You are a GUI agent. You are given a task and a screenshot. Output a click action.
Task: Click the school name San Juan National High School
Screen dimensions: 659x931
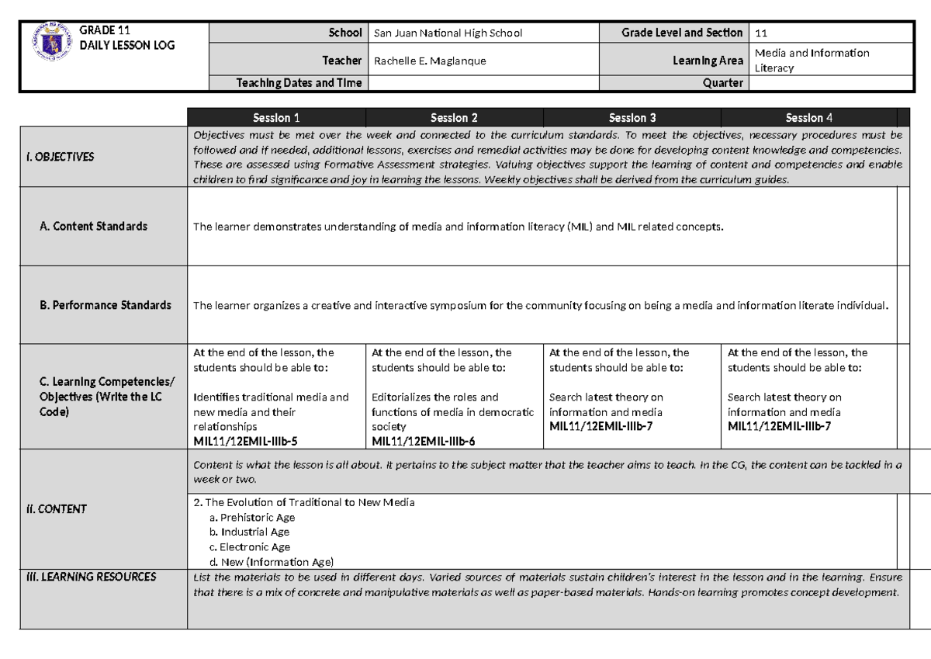[x=448, y=33]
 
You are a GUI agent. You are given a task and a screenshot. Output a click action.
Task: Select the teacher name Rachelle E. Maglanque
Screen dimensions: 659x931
[x=430, y=61]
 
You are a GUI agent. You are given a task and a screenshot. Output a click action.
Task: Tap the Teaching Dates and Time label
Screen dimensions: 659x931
[x=299, y=83]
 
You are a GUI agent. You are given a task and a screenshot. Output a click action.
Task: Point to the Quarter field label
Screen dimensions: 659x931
[x=722, y=83]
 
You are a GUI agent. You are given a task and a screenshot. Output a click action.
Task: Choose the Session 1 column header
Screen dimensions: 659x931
[x=276, y=118]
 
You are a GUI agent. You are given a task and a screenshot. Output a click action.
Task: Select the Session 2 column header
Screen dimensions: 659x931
[x=454, y=118]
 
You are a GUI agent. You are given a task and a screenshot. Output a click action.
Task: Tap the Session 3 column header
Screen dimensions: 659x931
[x=632, y=118]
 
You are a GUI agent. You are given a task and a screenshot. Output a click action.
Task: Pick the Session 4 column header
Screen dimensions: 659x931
[x=809, y=118]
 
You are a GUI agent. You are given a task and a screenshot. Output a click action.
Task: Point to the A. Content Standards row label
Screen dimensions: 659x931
[x=93, y=227]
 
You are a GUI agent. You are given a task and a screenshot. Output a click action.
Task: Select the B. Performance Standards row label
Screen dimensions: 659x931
[x=105, y=305]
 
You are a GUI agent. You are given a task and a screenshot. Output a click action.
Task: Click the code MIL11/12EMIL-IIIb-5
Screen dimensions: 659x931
[x=245, y=442]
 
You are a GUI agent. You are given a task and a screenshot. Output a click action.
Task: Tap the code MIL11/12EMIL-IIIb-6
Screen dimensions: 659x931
[x=424, y=442]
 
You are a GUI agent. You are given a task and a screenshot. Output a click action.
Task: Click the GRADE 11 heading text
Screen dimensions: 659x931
[x=104, y=30]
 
